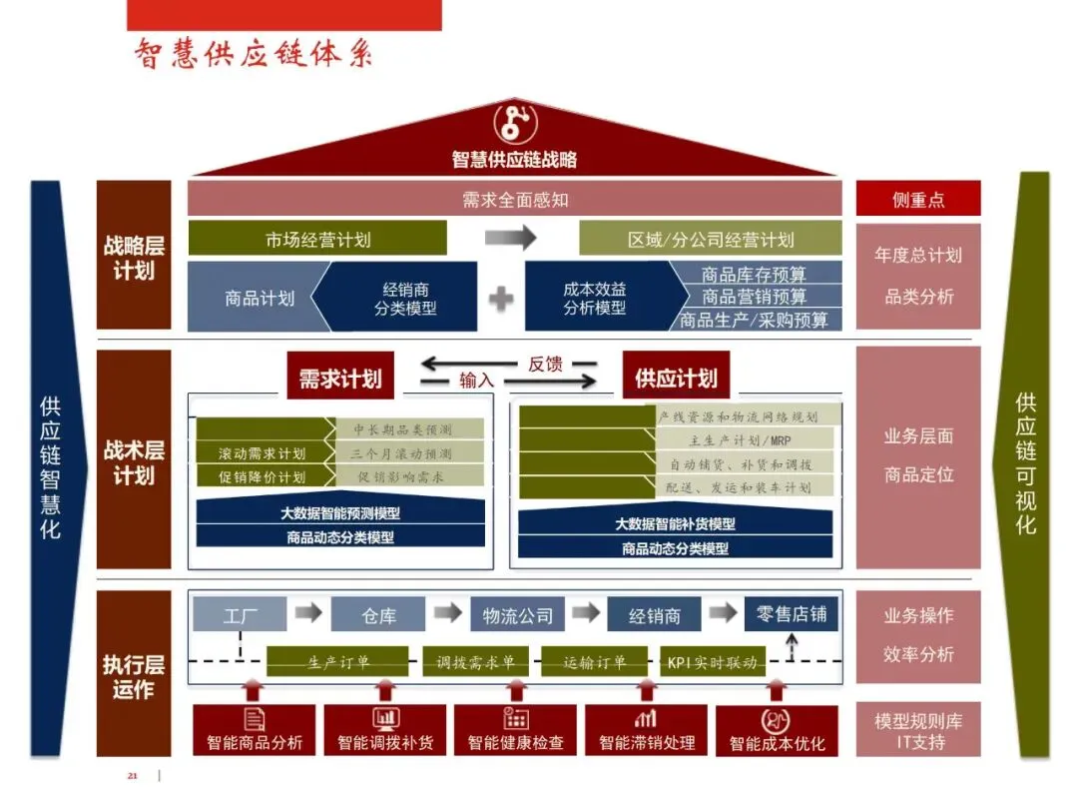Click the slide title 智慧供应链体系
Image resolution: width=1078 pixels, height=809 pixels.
(254, 53)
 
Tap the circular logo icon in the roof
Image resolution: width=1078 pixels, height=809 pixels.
(515, 123)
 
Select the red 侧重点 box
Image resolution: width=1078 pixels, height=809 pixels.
(918, 199)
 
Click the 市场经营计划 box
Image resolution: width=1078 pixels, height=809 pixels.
(317, 240)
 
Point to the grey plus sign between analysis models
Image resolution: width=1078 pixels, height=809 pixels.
(501, 297)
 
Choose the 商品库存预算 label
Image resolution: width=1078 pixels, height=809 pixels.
(755, 273)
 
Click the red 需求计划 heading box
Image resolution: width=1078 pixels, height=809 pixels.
(340, 379)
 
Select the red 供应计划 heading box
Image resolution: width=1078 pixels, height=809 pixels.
(676, 379)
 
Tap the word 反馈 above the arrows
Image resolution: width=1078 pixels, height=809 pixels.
(545, 364)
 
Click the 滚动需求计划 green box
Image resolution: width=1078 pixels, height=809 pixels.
(263, 453)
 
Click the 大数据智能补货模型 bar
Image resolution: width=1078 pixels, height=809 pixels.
(675, 523)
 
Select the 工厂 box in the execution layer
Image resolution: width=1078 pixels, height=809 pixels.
(240, 615)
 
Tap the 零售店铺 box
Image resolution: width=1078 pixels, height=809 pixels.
(792, 614)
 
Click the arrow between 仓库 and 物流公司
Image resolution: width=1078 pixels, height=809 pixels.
(448, 612)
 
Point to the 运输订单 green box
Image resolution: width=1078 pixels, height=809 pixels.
(595, 662)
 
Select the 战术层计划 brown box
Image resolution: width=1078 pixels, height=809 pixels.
(134, 461)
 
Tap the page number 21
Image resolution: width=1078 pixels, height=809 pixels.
(132, 775)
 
